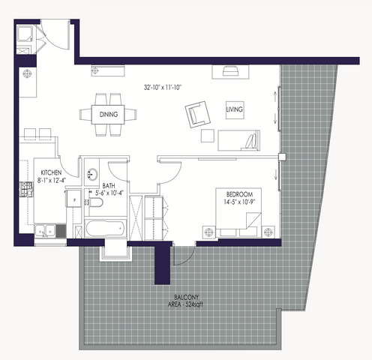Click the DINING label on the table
[109, 115]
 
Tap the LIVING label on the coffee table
[235, 109]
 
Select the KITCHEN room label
[51, 172]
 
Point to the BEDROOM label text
[239, 194]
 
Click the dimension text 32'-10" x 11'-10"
[163, 88]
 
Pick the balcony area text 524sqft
[194, 304]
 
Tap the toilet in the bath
[95, 202]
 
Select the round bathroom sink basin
[92, 174]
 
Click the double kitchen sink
[45, 231]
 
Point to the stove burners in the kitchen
[26, 190]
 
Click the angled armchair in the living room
[198, 115]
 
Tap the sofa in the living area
[238, 140]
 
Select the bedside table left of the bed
[209, 232]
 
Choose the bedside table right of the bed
[268, 232]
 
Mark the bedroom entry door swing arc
[173, 175]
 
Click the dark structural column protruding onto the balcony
[163, 265]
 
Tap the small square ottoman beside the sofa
[208, 136]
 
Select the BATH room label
[109, 186]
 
